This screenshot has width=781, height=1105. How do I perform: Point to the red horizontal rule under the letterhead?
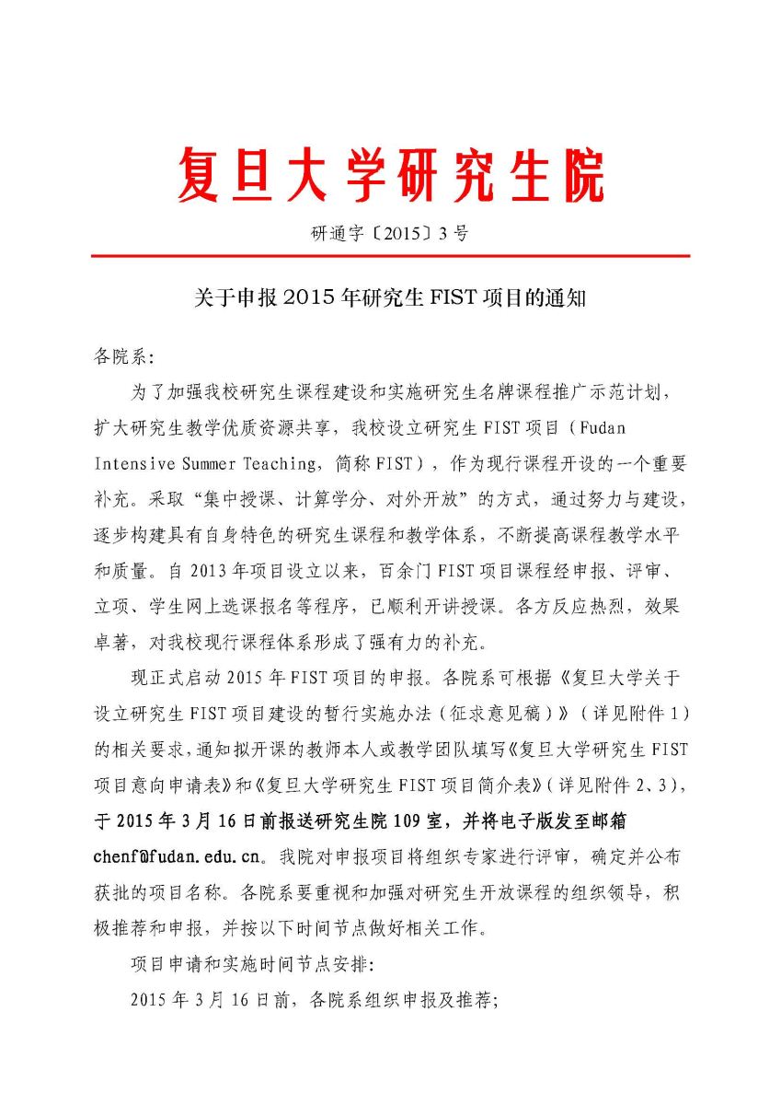coord(390,257)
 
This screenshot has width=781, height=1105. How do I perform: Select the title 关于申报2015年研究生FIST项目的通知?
coord(390,299)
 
